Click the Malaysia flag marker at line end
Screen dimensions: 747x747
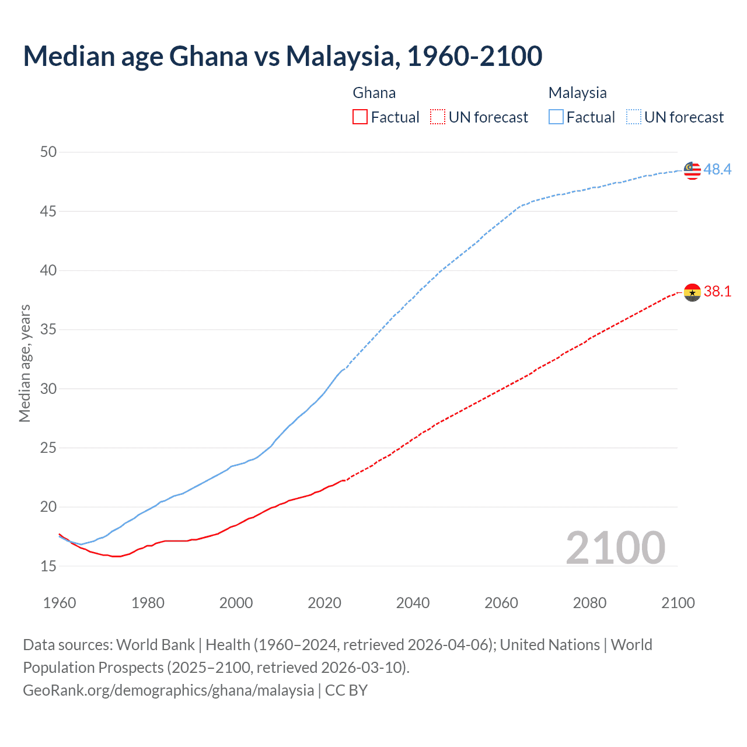pos(692,170)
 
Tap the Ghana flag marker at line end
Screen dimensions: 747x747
pos(692,292)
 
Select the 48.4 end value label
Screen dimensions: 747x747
pos(717,170)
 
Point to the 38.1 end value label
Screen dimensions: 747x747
pos(717,291)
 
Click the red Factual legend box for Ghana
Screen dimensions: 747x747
pos(360,117)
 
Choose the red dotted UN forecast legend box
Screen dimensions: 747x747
pos(438,117)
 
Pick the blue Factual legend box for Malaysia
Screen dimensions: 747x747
pos(556,117)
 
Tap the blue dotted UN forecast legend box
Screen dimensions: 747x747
pos(633,117)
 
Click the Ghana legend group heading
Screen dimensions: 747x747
pos(374,93)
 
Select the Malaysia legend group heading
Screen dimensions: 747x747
pos(577,93)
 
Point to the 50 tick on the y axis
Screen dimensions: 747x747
pos(48,152)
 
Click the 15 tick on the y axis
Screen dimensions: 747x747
pos(48,566)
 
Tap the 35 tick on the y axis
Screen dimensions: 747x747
pos(48,330)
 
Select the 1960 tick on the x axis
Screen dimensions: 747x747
pos(60,603)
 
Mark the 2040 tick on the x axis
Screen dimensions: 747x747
pos(413,603)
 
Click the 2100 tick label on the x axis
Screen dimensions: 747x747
pos(678,603)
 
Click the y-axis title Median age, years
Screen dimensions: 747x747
pos(25,363)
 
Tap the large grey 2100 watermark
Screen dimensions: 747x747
pos(615,548)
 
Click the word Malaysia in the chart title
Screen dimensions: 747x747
pos(342,56)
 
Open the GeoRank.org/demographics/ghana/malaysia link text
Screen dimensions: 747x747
pos(168,690)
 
